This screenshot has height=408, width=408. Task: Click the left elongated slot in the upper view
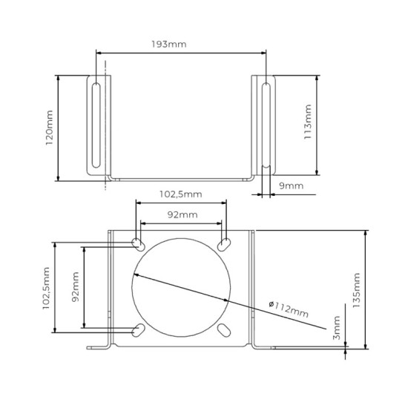tap(97, 126)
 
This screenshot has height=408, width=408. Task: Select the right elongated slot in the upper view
tap(266, 126)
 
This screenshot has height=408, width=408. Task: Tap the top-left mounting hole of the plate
tap(138, 244)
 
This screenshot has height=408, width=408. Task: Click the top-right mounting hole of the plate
tap(225, 244)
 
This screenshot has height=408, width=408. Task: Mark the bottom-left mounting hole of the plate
tap(138, 330)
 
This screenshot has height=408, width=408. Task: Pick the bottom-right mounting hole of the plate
tap(225, 330)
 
